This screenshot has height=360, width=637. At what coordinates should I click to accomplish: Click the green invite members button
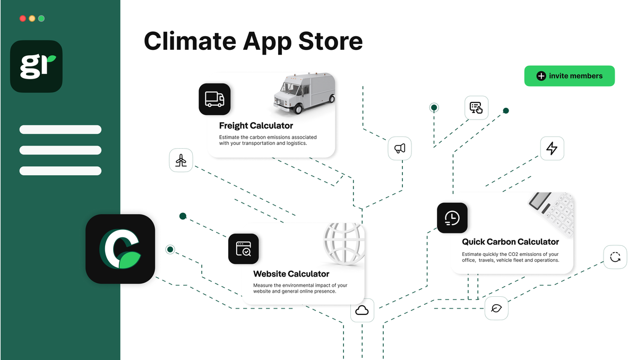(x=569, y=76)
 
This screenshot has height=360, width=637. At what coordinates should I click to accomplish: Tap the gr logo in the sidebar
(x=36, y=66)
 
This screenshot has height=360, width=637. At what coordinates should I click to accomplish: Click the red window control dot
(x=22, y=18)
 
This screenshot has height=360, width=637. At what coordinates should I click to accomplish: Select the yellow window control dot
(x=32, y=18)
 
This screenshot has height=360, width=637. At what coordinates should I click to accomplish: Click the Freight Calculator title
(x=256, y=126)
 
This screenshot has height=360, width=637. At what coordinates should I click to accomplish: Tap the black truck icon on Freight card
(x=214, y=99)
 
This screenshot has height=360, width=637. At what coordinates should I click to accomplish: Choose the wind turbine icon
(x=181, y=160)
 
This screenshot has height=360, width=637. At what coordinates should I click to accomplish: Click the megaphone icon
(x=400, y=148)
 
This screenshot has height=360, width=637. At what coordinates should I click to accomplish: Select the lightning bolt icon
(x=552, y=149)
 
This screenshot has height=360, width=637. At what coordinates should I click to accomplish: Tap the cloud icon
(x=362, y=310)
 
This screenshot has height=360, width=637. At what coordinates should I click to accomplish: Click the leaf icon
(x=496, y=308)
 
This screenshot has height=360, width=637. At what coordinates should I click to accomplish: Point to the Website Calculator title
(x=291, y=274)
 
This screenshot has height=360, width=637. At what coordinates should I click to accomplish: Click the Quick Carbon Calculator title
(x=510, y=242)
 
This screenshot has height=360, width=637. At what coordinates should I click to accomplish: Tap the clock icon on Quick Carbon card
(x=452, y=218)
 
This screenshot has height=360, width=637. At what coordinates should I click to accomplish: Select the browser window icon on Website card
(x=244, y=248)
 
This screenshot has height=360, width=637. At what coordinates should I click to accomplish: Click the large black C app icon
(x=120, y=248)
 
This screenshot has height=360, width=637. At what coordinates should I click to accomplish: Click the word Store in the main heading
(x=326, y=41)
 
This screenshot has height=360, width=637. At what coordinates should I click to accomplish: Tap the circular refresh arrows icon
(x=615, y=257)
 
